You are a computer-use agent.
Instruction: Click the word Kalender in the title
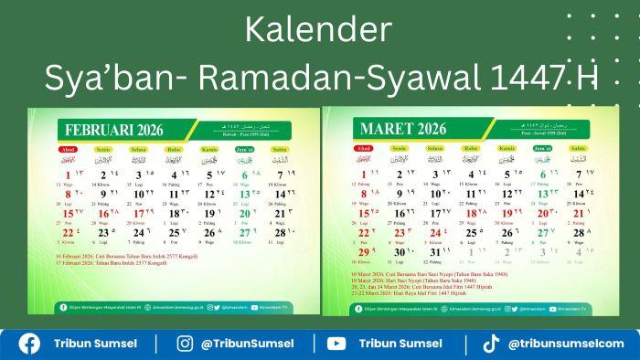(x=319, y=30)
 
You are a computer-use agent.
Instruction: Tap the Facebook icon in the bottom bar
(x=29, y=344)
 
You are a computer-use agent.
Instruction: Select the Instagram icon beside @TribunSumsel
(x=186, y=344)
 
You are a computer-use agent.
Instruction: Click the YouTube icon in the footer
(x=336, y=344)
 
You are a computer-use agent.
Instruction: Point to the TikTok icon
(x=491, y=344)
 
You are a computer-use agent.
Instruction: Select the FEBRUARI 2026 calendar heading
(x=112, y=130)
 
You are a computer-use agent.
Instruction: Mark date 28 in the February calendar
(x=281, y=233)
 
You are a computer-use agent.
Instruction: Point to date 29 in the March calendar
(x=362, y=252)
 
